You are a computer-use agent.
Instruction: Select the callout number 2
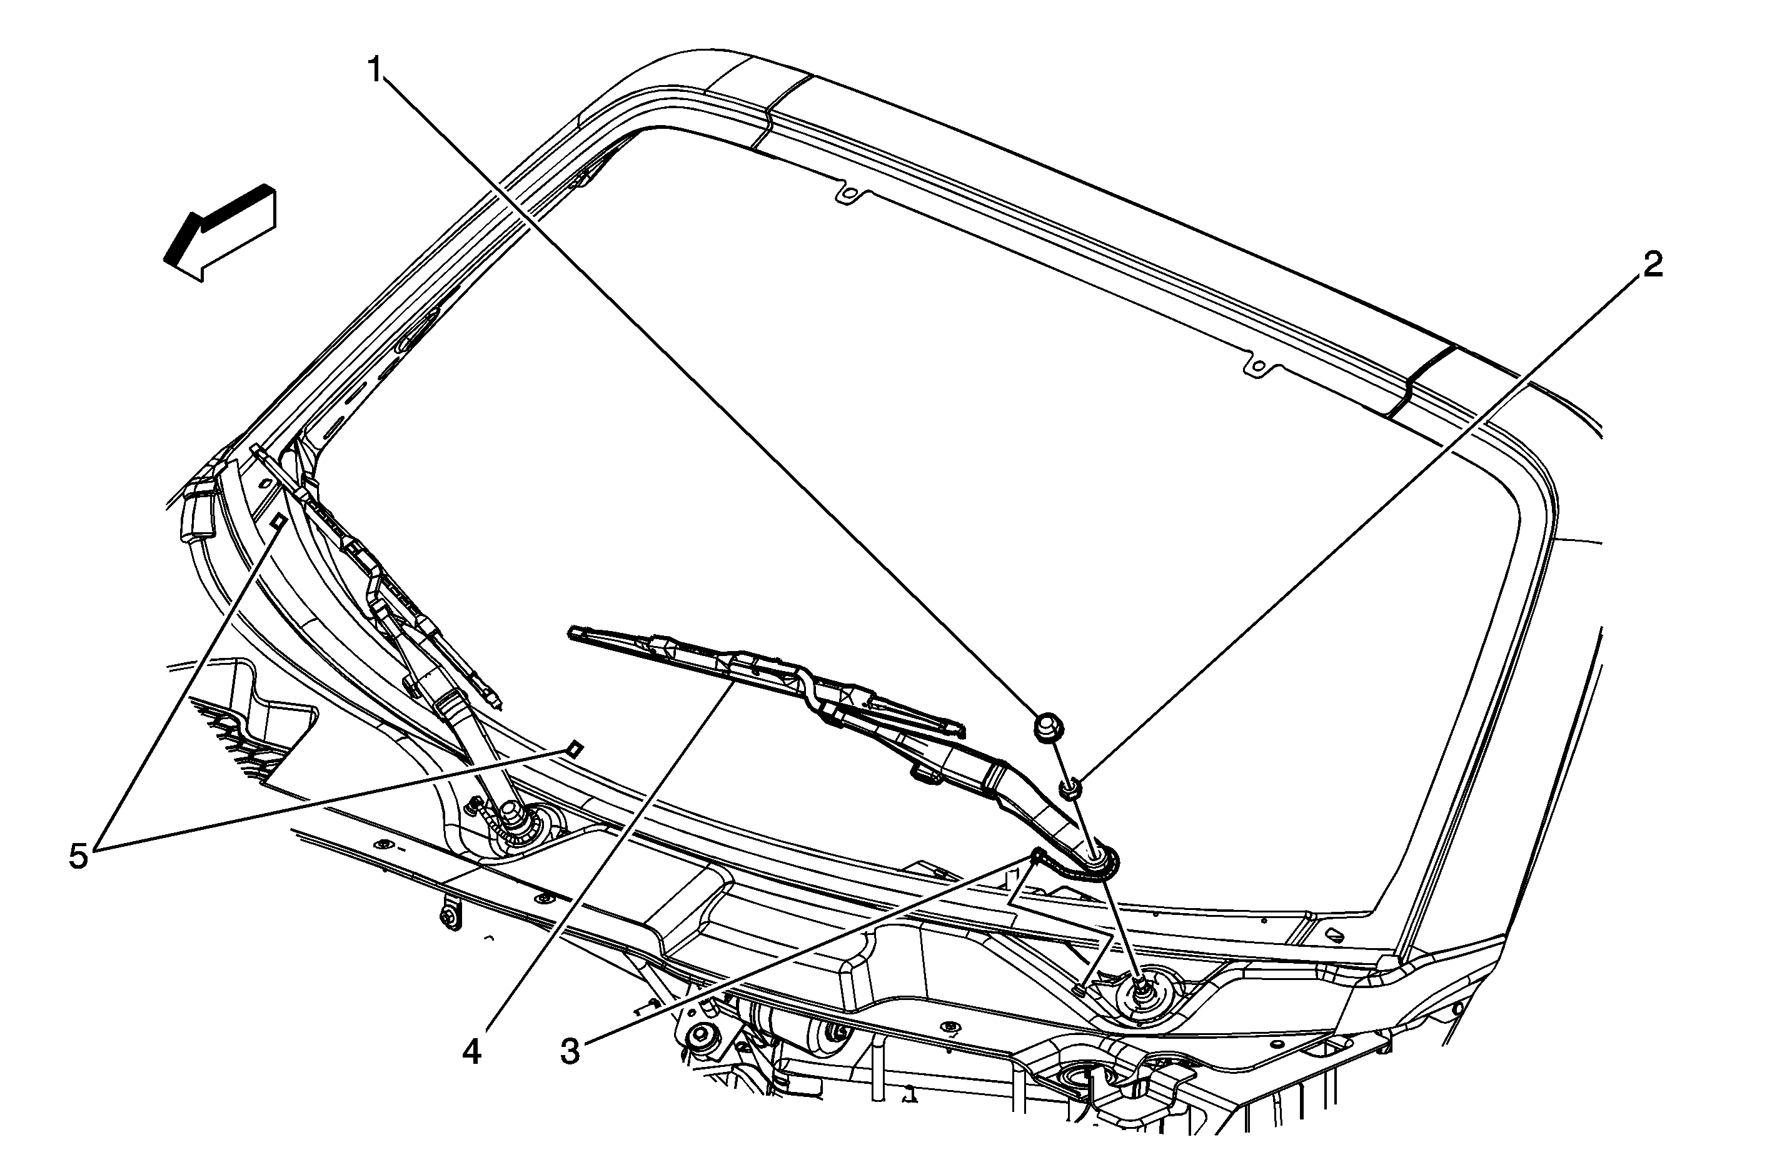[1653, 265]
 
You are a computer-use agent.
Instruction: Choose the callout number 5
[79, 856]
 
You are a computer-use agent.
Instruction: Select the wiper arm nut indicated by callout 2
[1069, 788]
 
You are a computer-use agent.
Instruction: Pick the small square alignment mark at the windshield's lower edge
[574, 748]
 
